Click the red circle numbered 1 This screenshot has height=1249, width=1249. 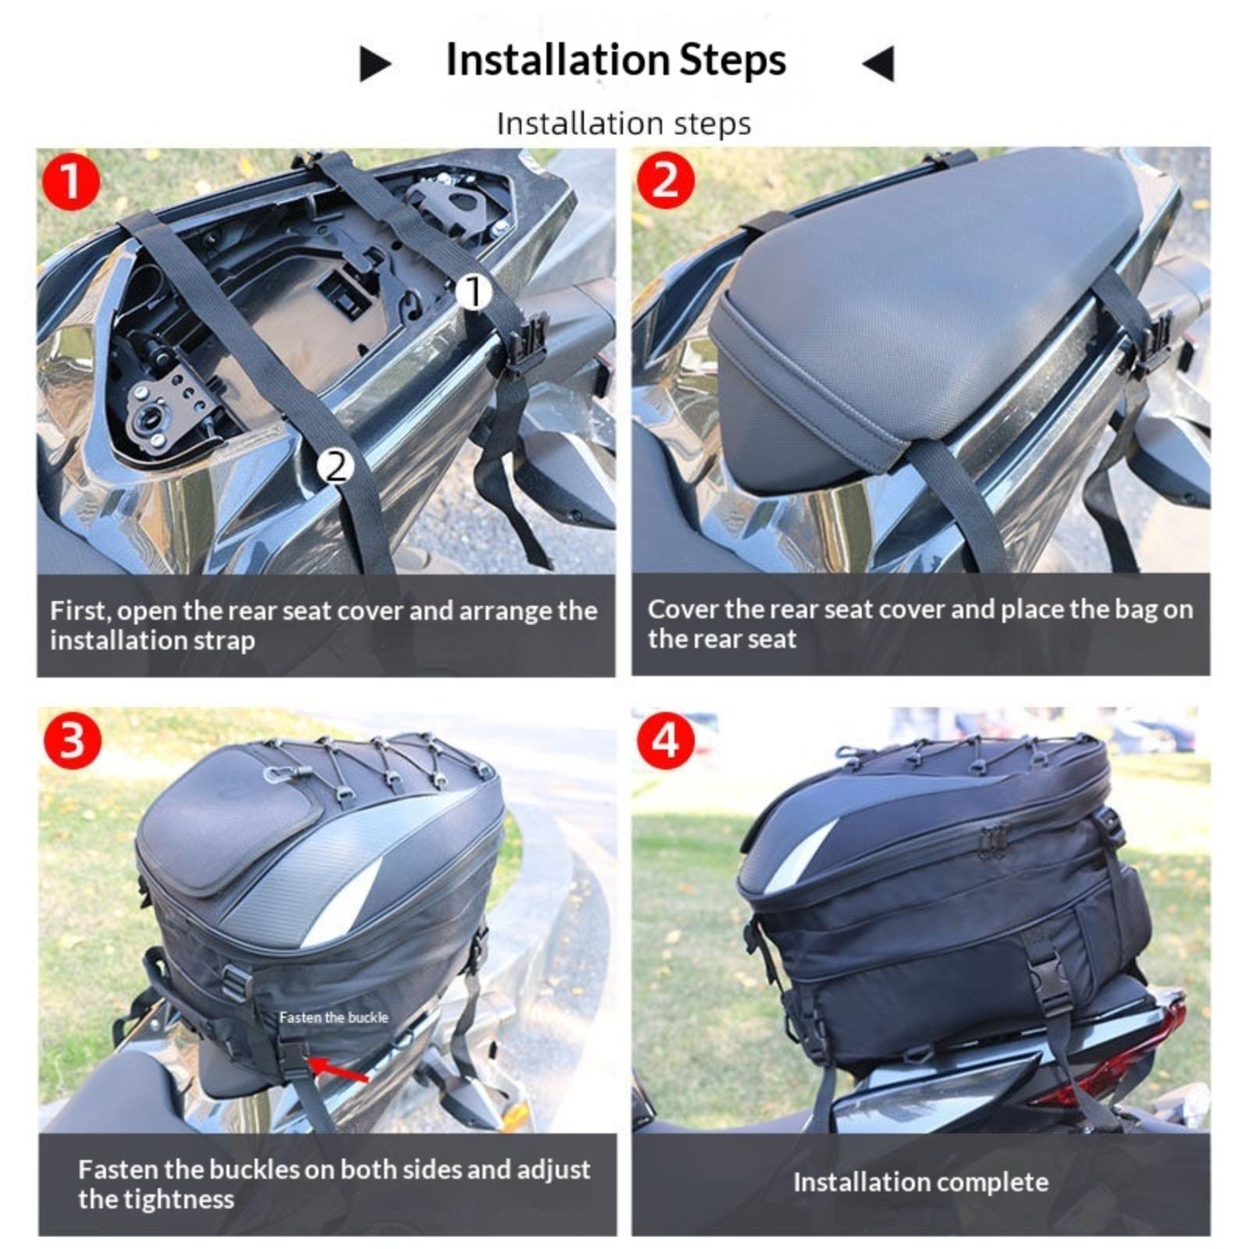click(71, 181)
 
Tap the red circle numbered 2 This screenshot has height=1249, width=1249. click(665, 180)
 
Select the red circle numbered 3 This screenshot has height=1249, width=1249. click(72, 738)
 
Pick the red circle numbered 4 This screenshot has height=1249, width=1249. click(665, 738)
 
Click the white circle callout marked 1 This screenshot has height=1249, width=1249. click(473, 292)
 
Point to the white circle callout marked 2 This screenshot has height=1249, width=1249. click(336, 466)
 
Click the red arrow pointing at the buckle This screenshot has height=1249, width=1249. click(338, 1069)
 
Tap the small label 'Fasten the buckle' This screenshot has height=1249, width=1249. click(333, 1017)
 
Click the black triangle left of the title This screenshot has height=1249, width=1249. click(375, 63)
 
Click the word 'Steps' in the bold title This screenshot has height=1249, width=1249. click(731, 60)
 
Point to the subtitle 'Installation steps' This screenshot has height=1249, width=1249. click(624, 123)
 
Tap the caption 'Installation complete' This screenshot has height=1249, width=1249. click(920, 1183)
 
